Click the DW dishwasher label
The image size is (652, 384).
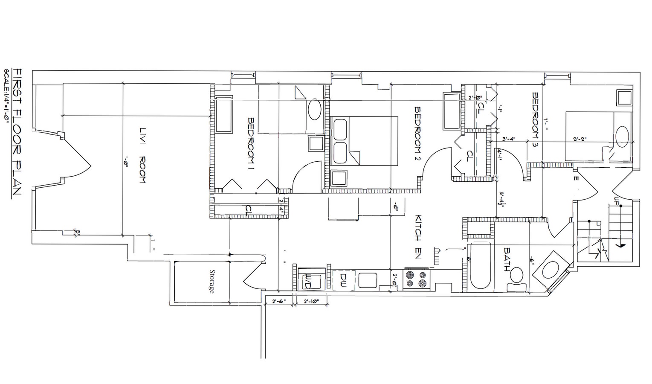[x=343, y=280]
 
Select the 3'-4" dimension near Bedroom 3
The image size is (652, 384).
[x=510, y=139]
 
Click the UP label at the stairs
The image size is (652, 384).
[x=616, y=201]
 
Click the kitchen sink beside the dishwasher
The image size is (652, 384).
[x=367, y=280]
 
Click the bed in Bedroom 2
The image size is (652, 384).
[x=364, y=141]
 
